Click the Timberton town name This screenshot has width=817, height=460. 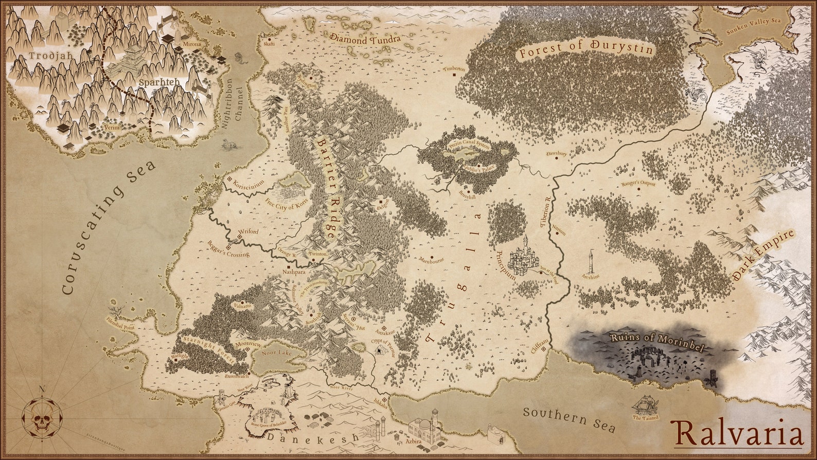(454, 68)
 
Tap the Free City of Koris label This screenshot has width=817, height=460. (287, 203)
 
